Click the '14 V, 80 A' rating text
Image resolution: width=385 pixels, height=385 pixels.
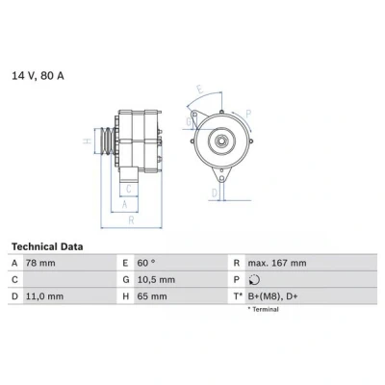[38, 76]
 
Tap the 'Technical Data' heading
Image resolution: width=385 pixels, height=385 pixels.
[47, 246]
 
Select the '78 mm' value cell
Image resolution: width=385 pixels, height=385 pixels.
[40, 263]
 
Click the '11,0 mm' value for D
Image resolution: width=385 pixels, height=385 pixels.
[44, 296]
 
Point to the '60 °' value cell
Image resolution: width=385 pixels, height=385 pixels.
[146, 263]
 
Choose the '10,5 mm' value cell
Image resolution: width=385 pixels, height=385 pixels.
[156, 280]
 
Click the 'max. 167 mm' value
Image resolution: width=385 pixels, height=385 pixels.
[277, 263]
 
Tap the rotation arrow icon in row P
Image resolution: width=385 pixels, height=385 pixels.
[254, 280]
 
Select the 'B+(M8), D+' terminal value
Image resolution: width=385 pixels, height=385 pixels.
[272, 296]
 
